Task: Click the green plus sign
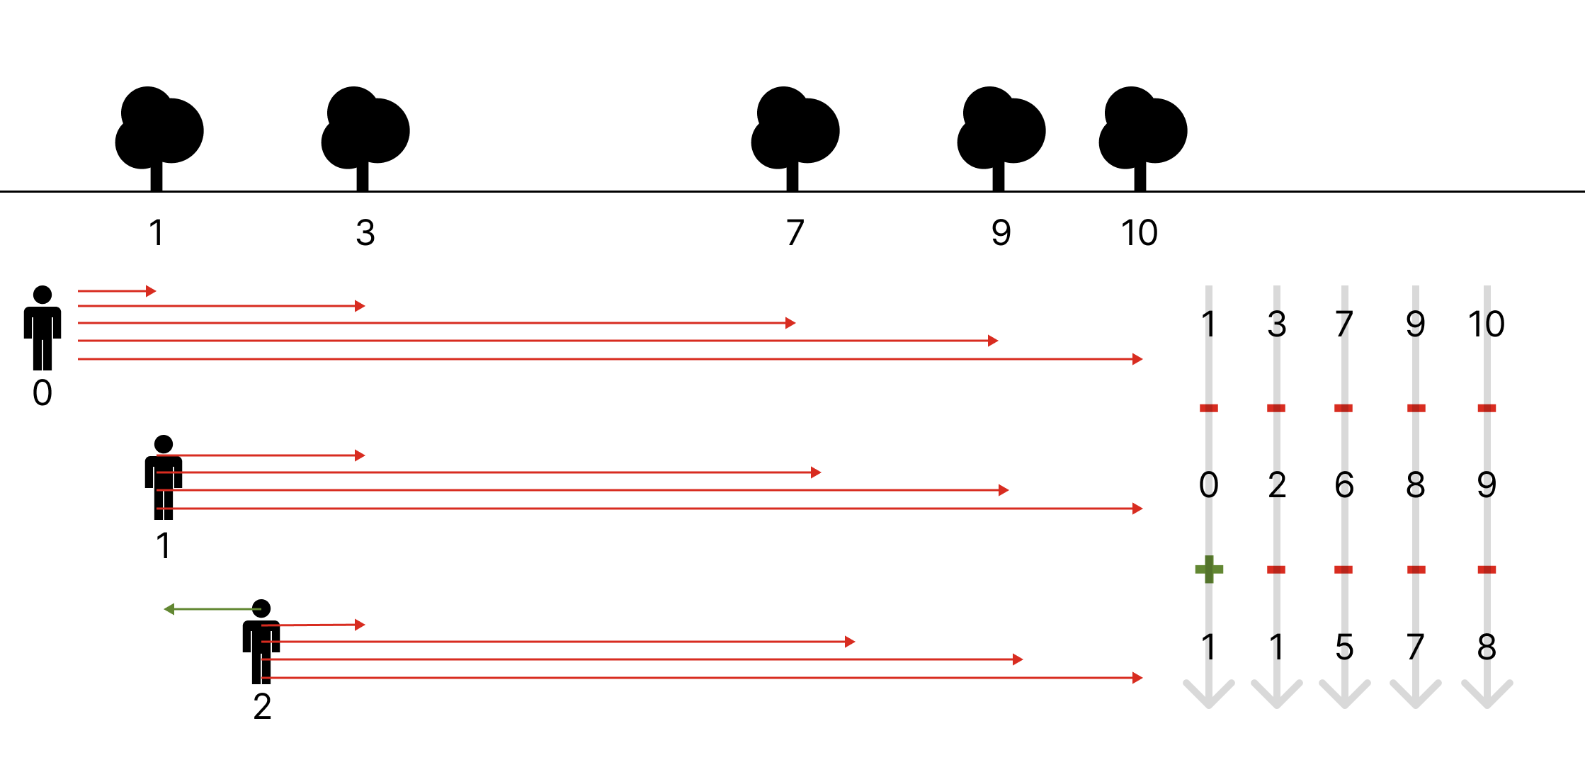(x=1209, y=569)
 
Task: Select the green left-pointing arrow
(x=212, y=609)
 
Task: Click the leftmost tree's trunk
(x=157, y=177)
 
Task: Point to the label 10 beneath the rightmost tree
(x=1139, y=233)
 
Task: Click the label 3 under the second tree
(x=365, y=233)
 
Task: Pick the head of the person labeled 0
(x=42, y=295)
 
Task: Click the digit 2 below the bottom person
(x=262, y=706)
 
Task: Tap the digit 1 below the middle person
(x=164, y=545)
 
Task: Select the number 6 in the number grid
(x=1344, y=485)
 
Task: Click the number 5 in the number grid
(x=1344, y=647)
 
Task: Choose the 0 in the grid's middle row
(x=1209, y=485)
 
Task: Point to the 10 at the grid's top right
(x=1486, y=324)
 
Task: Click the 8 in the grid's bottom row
(x=1487, y=647)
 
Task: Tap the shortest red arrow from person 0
(x=117, y=291)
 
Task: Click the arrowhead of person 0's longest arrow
(x=1137, y=359)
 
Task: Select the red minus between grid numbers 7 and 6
(x=1343, y=408)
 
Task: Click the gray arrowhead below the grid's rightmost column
(x=1487, y=695)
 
